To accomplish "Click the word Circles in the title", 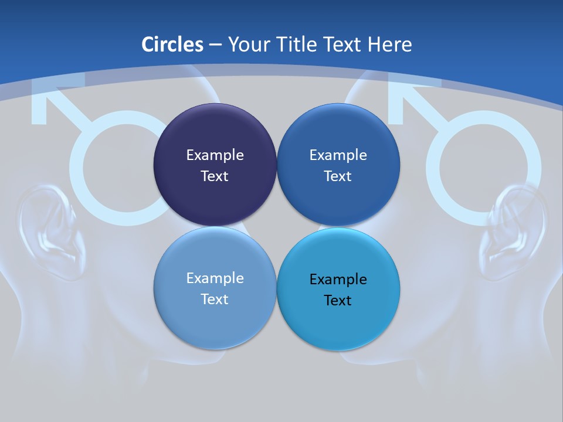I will pyautogui.click(x=172, y=45).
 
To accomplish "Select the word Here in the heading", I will pyautogui.click(x=389, y=45).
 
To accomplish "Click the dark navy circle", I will pyautogui.click(x=215, y=165).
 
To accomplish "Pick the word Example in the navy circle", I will pyautogui.click(x=215, y=155).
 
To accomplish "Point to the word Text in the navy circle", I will pyautogui.click(x=215, y=176).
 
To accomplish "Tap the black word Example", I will pyautogui.click(x=338, y=279).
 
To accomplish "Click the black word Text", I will pyautogui.click(x=338, y=300).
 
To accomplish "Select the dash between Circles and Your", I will pyautogui.click(x=215, y=45).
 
